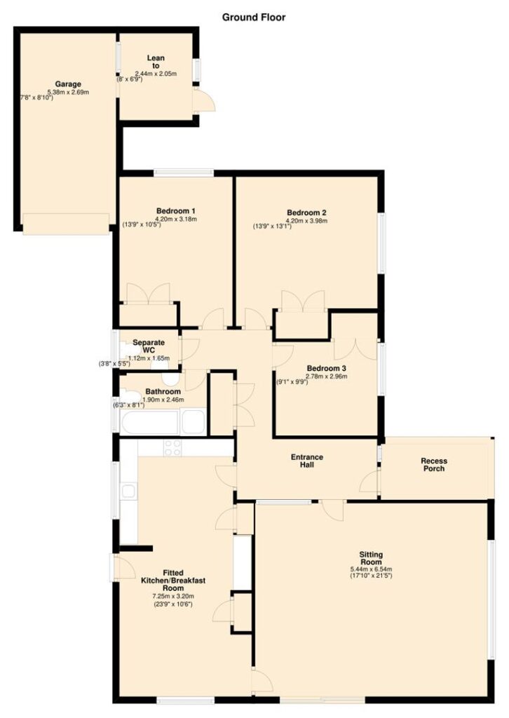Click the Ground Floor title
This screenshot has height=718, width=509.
click(x=254, y=18)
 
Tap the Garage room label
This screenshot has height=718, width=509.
click(x=68, y=84)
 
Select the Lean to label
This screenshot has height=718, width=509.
click(x=156, y=62)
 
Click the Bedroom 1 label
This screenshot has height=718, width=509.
click(x=176, y=211)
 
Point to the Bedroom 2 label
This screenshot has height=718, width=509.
click(x=306, y=212)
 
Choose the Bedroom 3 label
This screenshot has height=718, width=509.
click(x=327, y=369)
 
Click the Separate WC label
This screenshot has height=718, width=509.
click(x=149, y=346)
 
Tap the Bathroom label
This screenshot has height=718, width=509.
click(x=163, y=391)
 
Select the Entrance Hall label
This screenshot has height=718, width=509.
click(x=307, y=461)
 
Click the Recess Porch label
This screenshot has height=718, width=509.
click(x=433, y=465)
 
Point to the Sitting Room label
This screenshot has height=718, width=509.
click(x=371, y=559)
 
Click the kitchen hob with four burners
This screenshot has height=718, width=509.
click(x=172, y=448)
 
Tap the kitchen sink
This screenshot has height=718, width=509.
click(x=128, y=492)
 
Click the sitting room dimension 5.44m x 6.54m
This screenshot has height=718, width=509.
click(x=371, y=569)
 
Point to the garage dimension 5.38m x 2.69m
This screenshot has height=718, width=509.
click(x=68, y=92)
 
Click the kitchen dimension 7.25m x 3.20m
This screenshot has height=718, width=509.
click(x=173, y=596)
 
